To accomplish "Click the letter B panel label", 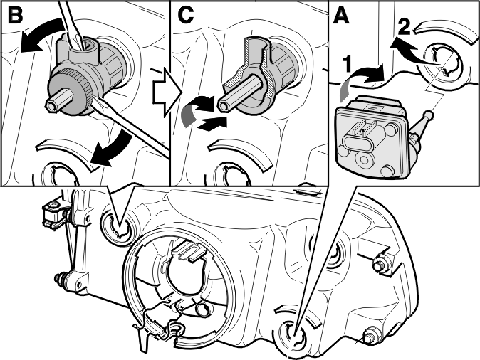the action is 15,15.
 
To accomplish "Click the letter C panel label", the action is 185,15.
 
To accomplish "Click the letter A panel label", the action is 341,16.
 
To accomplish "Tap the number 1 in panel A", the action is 347,65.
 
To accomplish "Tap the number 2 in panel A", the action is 405,28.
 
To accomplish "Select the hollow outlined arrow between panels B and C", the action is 167,92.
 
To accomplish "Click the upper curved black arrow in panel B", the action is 43,32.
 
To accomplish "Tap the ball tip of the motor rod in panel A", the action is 427,115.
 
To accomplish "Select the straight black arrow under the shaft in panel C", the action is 212,123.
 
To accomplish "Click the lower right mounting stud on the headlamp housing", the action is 372,336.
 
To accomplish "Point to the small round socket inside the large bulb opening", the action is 204,309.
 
